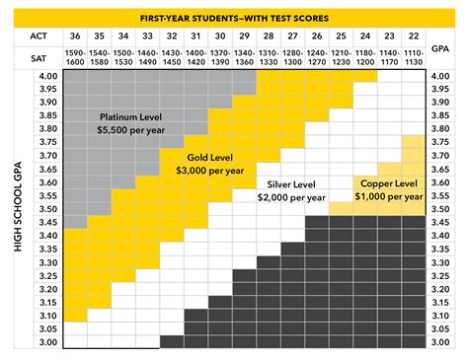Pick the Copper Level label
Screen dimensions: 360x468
pos(387,183)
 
